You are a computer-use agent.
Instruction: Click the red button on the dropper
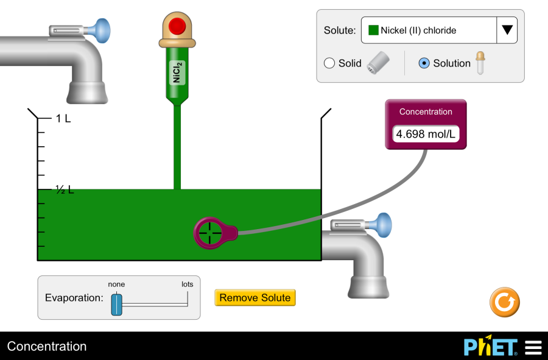[x=177, y=26]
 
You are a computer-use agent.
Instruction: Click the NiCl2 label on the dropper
[x=177, y=72]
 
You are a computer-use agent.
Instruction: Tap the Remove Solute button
[x=255, y=298]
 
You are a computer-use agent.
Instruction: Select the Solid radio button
[x=329, y=63]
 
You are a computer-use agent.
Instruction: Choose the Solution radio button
[x=424, y=63]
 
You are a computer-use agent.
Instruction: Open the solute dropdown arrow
[x=507, y=30]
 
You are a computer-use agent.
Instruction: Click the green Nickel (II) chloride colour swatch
[x=373, y=30]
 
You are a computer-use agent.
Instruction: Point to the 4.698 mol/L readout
[x=426, y=134]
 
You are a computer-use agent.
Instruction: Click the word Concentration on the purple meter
[x=426, y=112]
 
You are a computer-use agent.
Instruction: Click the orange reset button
[x=504, y=302]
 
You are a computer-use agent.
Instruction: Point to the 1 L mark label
[x=63, y=119]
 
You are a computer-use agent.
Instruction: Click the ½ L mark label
[x=65, y=190]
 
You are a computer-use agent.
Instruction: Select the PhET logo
[x=491, y=347]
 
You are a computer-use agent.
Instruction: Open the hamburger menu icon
[x=533, y=347]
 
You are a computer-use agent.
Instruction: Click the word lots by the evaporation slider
[x=187, y=284]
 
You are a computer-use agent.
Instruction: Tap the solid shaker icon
[x=378, y=63]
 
